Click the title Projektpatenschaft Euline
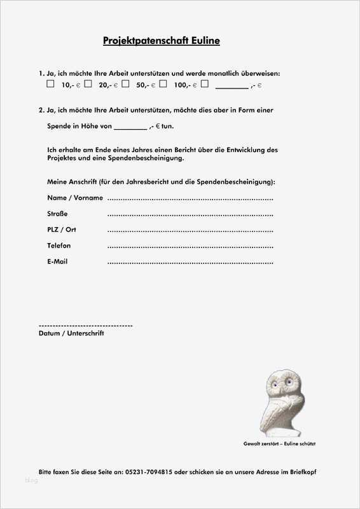tap(162, 41)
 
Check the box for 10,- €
tap(50, 83)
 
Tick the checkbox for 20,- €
tap(88, 83)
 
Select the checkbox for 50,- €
tap(125, 83)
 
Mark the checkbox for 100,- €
tap(163, 83)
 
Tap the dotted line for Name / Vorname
tap(190, 199)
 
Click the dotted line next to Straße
tap(190, 215)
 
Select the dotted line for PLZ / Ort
tap(190, 231)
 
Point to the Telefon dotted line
tap(190, 247)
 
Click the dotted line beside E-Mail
tap(190, 263)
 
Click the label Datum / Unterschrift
tap(71, 333)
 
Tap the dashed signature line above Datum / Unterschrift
tap(85, 325)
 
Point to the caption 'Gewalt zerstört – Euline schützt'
tap(280, 443)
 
